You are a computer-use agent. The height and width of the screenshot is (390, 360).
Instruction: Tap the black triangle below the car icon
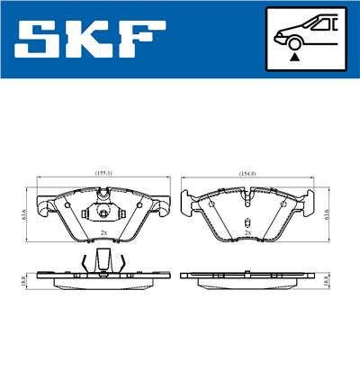[x=294, y=56]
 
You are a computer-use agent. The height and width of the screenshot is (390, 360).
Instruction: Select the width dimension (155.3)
[x=103, y=171]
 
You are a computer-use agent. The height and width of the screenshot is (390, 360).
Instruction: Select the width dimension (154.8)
[x=247, y=171]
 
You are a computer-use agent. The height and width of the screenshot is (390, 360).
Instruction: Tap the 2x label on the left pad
[x=104, y=232]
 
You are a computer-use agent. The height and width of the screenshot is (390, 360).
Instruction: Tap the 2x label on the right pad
[x=247, y=232]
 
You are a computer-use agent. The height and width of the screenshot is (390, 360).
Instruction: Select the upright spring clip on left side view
[x=103, y=261]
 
